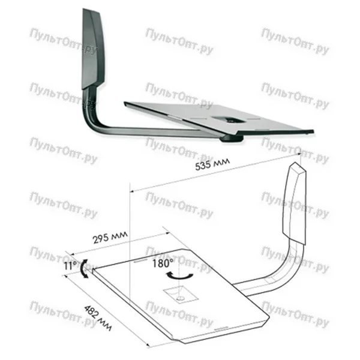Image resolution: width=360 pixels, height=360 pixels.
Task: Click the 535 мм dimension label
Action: pyautogui.click(x=212, y=163)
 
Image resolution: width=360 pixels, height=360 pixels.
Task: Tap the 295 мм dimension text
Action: pyautogui.click(x=110, y=237)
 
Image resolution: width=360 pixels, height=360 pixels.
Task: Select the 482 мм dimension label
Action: pyautogui.click(x=98, y=317)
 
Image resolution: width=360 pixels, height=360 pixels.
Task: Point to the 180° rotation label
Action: pyautogui.click(x=163, y=263)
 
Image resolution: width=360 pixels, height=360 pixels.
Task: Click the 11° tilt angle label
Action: pyautogui.click(x=70, y=266)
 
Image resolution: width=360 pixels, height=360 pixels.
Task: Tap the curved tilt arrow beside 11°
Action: pyautogui.click(x=84, y=269)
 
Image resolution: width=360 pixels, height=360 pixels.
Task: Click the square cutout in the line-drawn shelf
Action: pyautogui.click(x=181, y=295)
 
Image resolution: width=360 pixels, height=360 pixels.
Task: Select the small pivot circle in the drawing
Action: pyautogui.click(x=180, y=298)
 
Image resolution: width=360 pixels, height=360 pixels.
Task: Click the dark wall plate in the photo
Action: pyautogui.click(x=93, y=49)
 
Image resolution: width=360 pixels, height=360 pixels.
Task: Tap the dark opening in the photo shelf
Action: pyautogui.click(x=229, y=119)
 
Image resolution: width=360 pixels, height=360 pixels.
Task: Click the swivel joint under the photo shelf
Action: pyautogui.click(x=231, y=139)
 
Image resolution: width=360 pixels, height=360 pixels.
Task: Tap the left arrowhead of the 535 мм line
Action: pyautogui.click(x=132, y=191)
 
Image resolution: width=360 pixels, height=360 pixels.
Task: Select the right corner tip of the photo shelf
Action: pyautogui.click(x=313, y=131)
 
